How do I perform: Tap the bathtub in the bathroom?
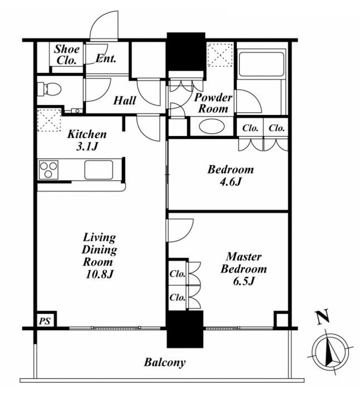pyautogui.click(x=261, y=64)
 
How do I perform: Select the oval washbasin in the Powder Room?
pyautogui.click(x=212, y=127)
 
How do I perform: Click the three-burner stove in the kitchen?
pyautogui.click(x=48, y=170)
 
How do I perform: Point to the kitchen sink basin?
pyautogui.click(x=99, y=170)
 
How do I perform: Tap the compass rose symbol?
pyautogui.click(x=330, y=354)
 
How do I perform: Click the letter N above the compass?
pyautogui.click(x=323, y=317)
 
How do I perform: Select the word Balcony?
pyautogui.click(x=165, y=362)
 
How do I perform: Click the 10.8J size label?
pyautogui.click(x=99, y=274)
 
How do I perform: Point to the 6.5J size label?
pyautogui.click(x=244, y=281)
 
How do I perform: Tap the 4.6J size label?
pyautogui.click(x=230, y=182)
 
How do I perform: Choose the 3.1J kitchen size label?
pyautogui.click(x=87, y=147)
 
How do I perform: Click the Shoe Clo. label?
pyautogui.click(x=66, y=55)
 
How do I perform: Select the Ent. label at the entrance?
pyautogui.click(x=105, y=59)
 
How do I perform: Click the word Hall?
pyautogui.click(x=124, y=100)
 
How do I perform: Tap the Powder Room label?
pyautogui.click(x=213, y=103)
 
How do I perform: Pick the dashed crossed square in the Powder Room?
pyautogui.click(x=220, y=55)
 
